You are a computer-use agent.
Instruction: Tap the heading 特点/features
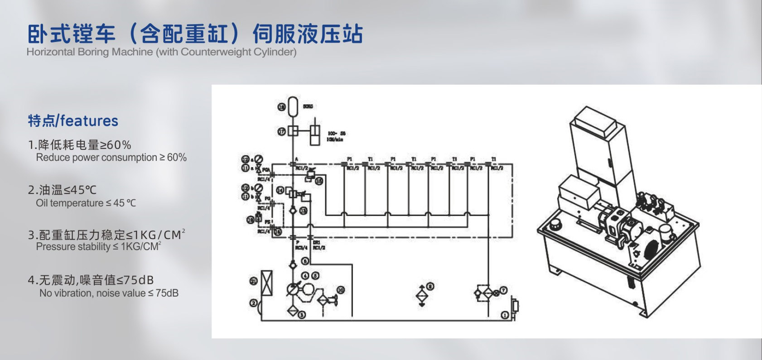[73, 121]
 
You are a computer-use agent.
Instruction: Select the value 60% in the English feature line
[177, 158]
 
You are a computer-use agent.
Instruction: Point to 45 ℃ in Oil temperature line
[124, 203]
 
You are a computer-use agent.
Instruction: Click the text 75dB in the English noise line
[167, 293]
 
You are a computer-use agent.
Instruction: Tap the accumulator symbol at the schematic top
[293, 106]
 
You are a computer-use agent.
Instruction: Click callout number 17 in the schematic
[282, 131]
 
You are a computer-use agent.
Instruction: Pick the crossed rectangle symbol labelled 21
[267, 283]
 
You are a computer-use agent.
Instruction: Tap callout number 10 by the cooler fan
[341, 290]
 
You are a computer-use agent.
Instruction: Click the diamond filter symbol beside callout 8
[422, 296]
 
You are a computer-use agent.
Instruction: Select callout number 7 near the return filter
[503, 290]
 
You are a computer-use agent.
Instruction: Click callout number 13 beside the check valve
[303, 211]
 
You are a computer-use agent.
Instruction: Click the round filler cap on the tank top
[555, 225]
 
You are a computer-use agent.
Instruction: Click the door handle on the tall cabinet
[609, 164]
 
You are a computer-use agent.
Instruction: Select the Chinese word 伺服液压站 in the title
[308, 34]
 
